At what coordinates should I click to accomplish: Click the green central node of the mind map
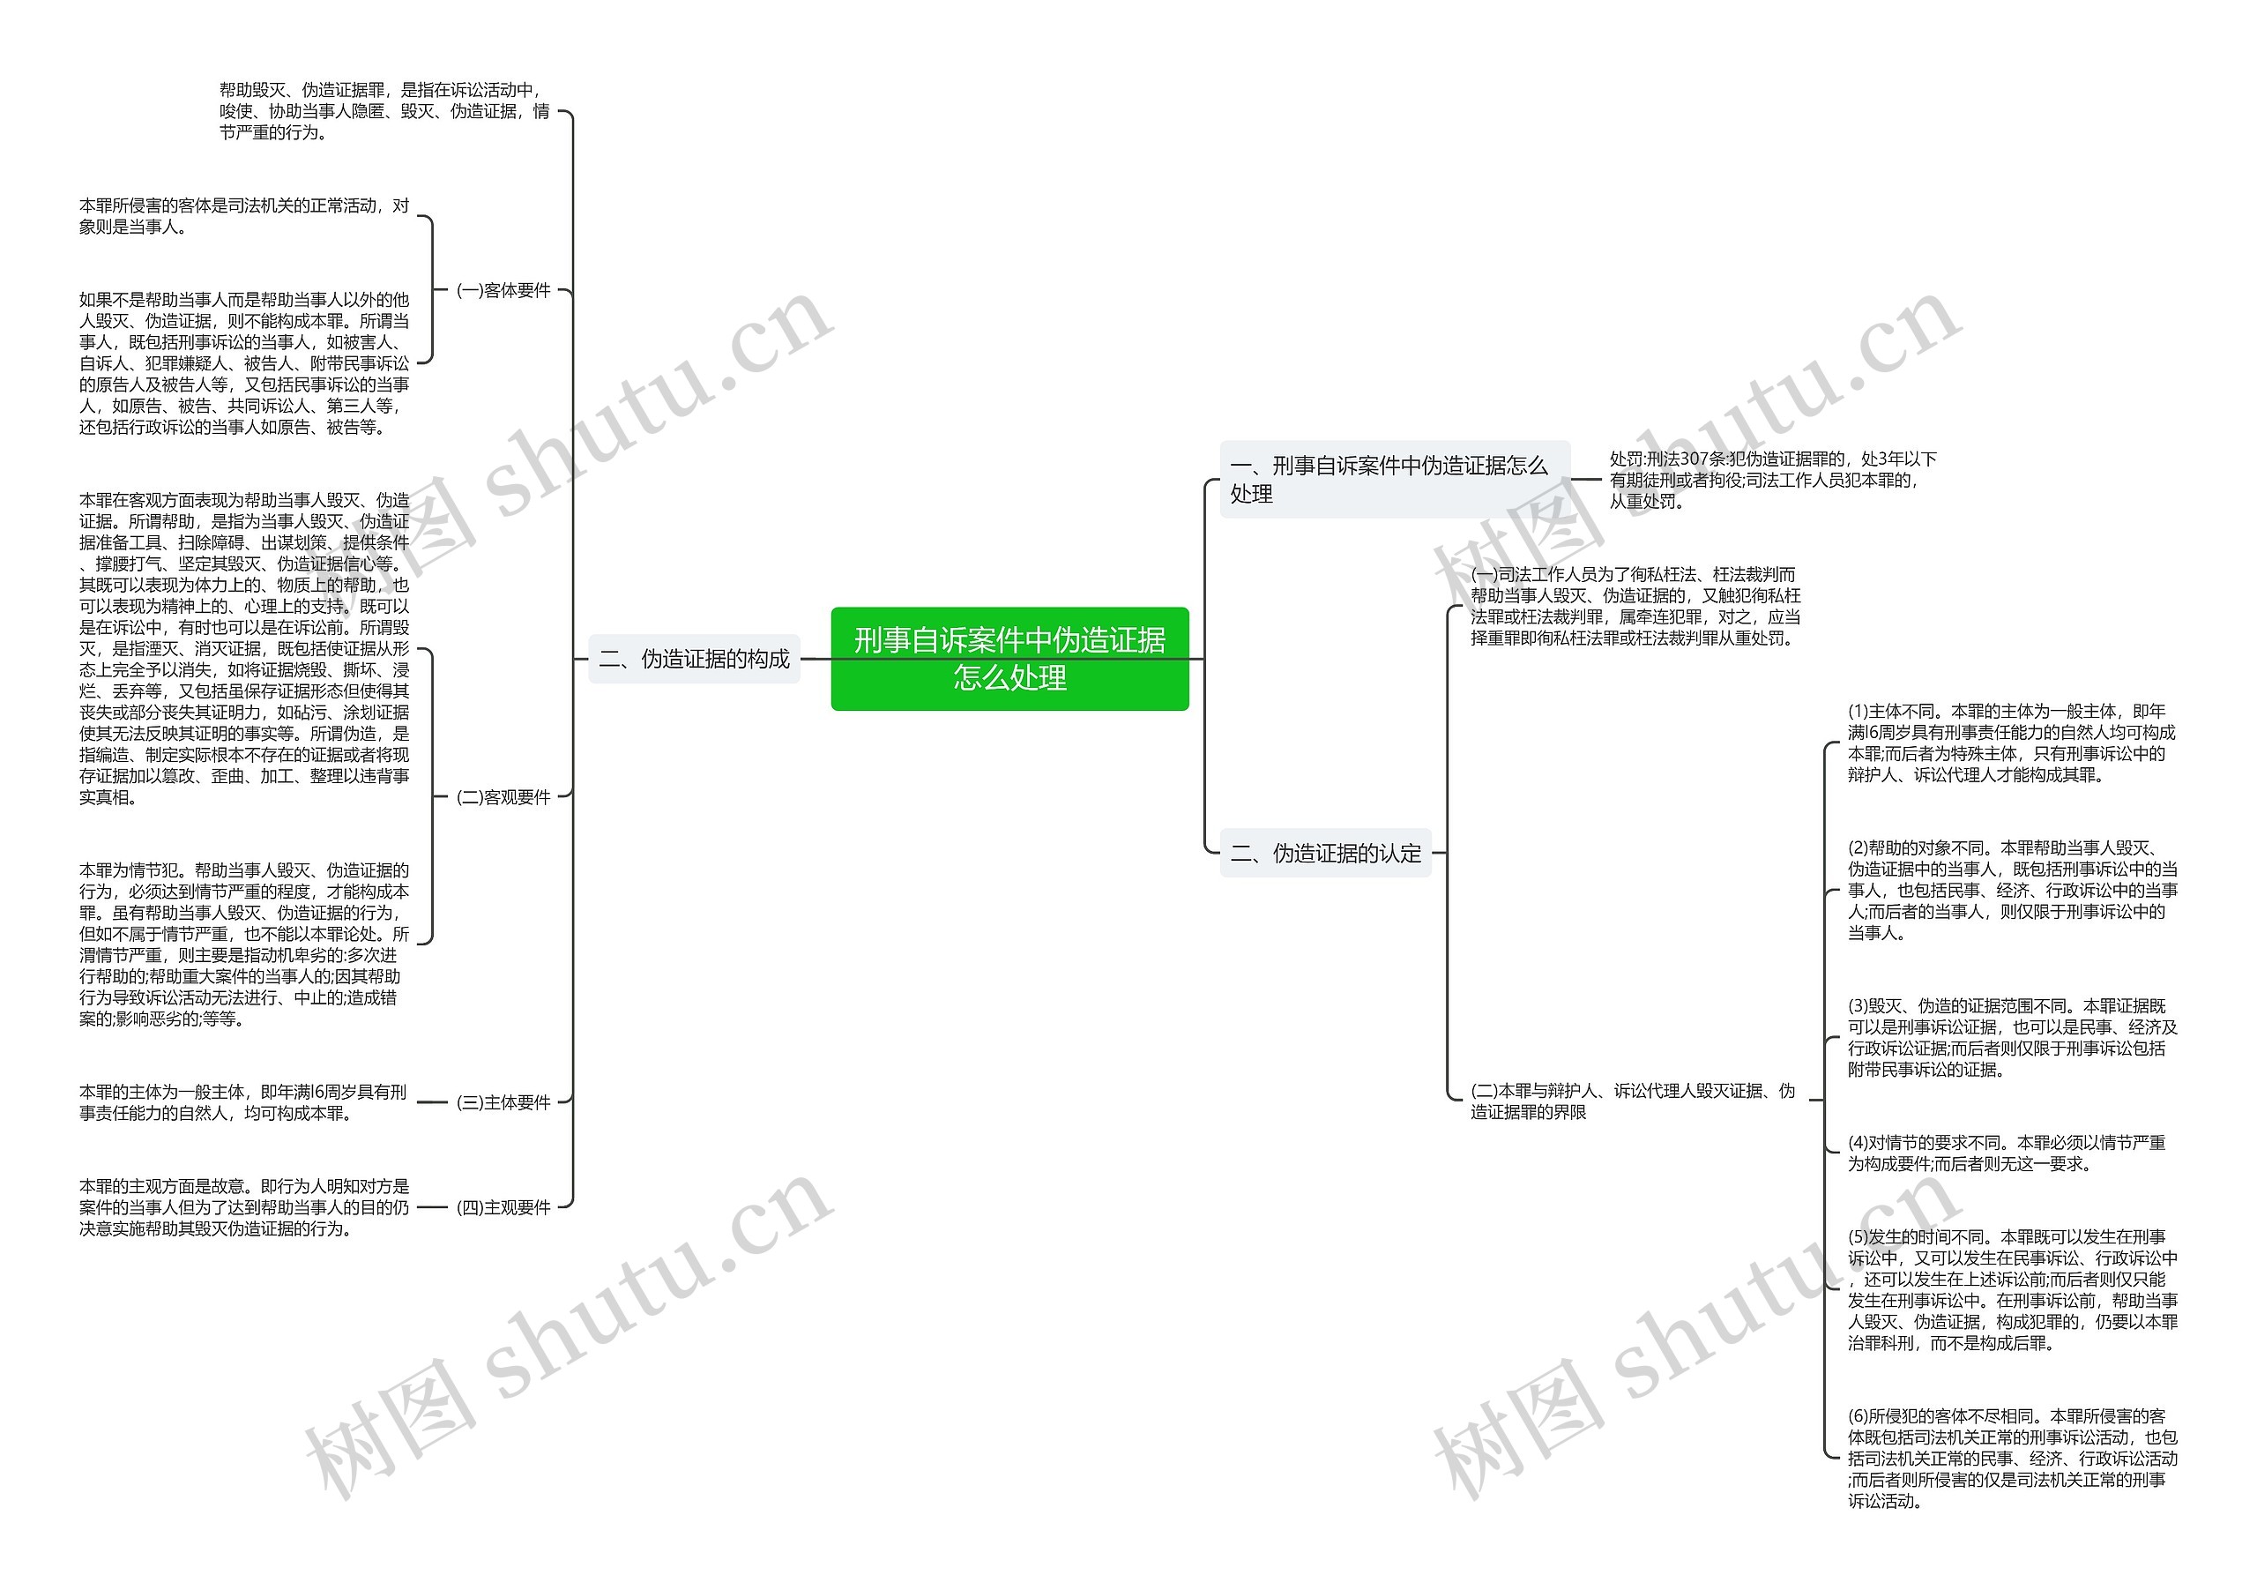click(x=1009, y=658)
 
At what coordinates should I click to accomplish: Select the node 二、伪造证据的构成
click(x=694, y=659)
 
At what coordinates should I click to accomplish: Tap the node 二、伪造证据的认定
click(x=1325, y=853)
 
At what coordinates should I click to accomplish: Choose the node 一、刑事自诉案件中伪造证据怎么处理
click(x=1393, y=479)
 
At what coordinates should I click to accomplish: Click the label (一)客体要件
click(x=503, y=290)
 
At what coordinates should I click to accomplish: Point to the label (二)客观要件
click(x=503, y=796)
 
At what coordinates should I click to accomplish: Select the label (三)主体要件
click(x=503, y=1102)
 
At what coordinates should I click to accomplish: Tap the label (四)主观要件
click(x=503, y=1207)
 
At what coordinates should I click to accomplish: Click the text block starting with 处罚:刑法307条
click(x=1771, y=480)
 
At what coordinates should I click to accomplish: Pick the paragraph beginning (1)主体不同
click(x=2010, y=743)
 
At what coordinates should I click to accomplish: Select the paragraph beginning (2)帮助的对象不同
click(x=2011, y=890)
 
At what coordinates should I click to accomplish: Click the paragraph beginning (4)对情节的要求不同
click(x=2006, y=1153)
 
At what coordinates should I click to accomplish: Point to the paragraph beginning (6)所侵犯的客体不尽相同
click(x=2011, y=1457)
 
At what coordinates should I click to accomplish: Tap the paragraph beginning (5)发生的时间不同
click(x=2011, y=1289)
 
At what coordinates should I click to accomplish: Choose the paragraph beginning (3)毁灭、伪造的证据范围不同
click(x=2011, y=1037)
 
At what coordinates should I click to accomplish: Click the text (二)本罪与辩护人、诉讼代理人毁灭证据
click(x=1632, y=1101)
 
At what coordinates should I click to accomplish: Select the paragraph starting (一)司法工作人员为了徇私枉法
click(x=1635, y=606)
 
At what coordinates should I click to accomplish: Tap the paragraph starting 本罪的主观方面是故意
click(x=244, y=1207)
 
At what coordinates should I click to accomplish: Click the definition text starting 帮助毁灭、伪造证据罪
click(x=384, y=111)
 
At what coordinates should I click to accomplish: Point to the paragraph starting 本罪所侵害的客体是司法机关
click(x=244, y=216)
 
